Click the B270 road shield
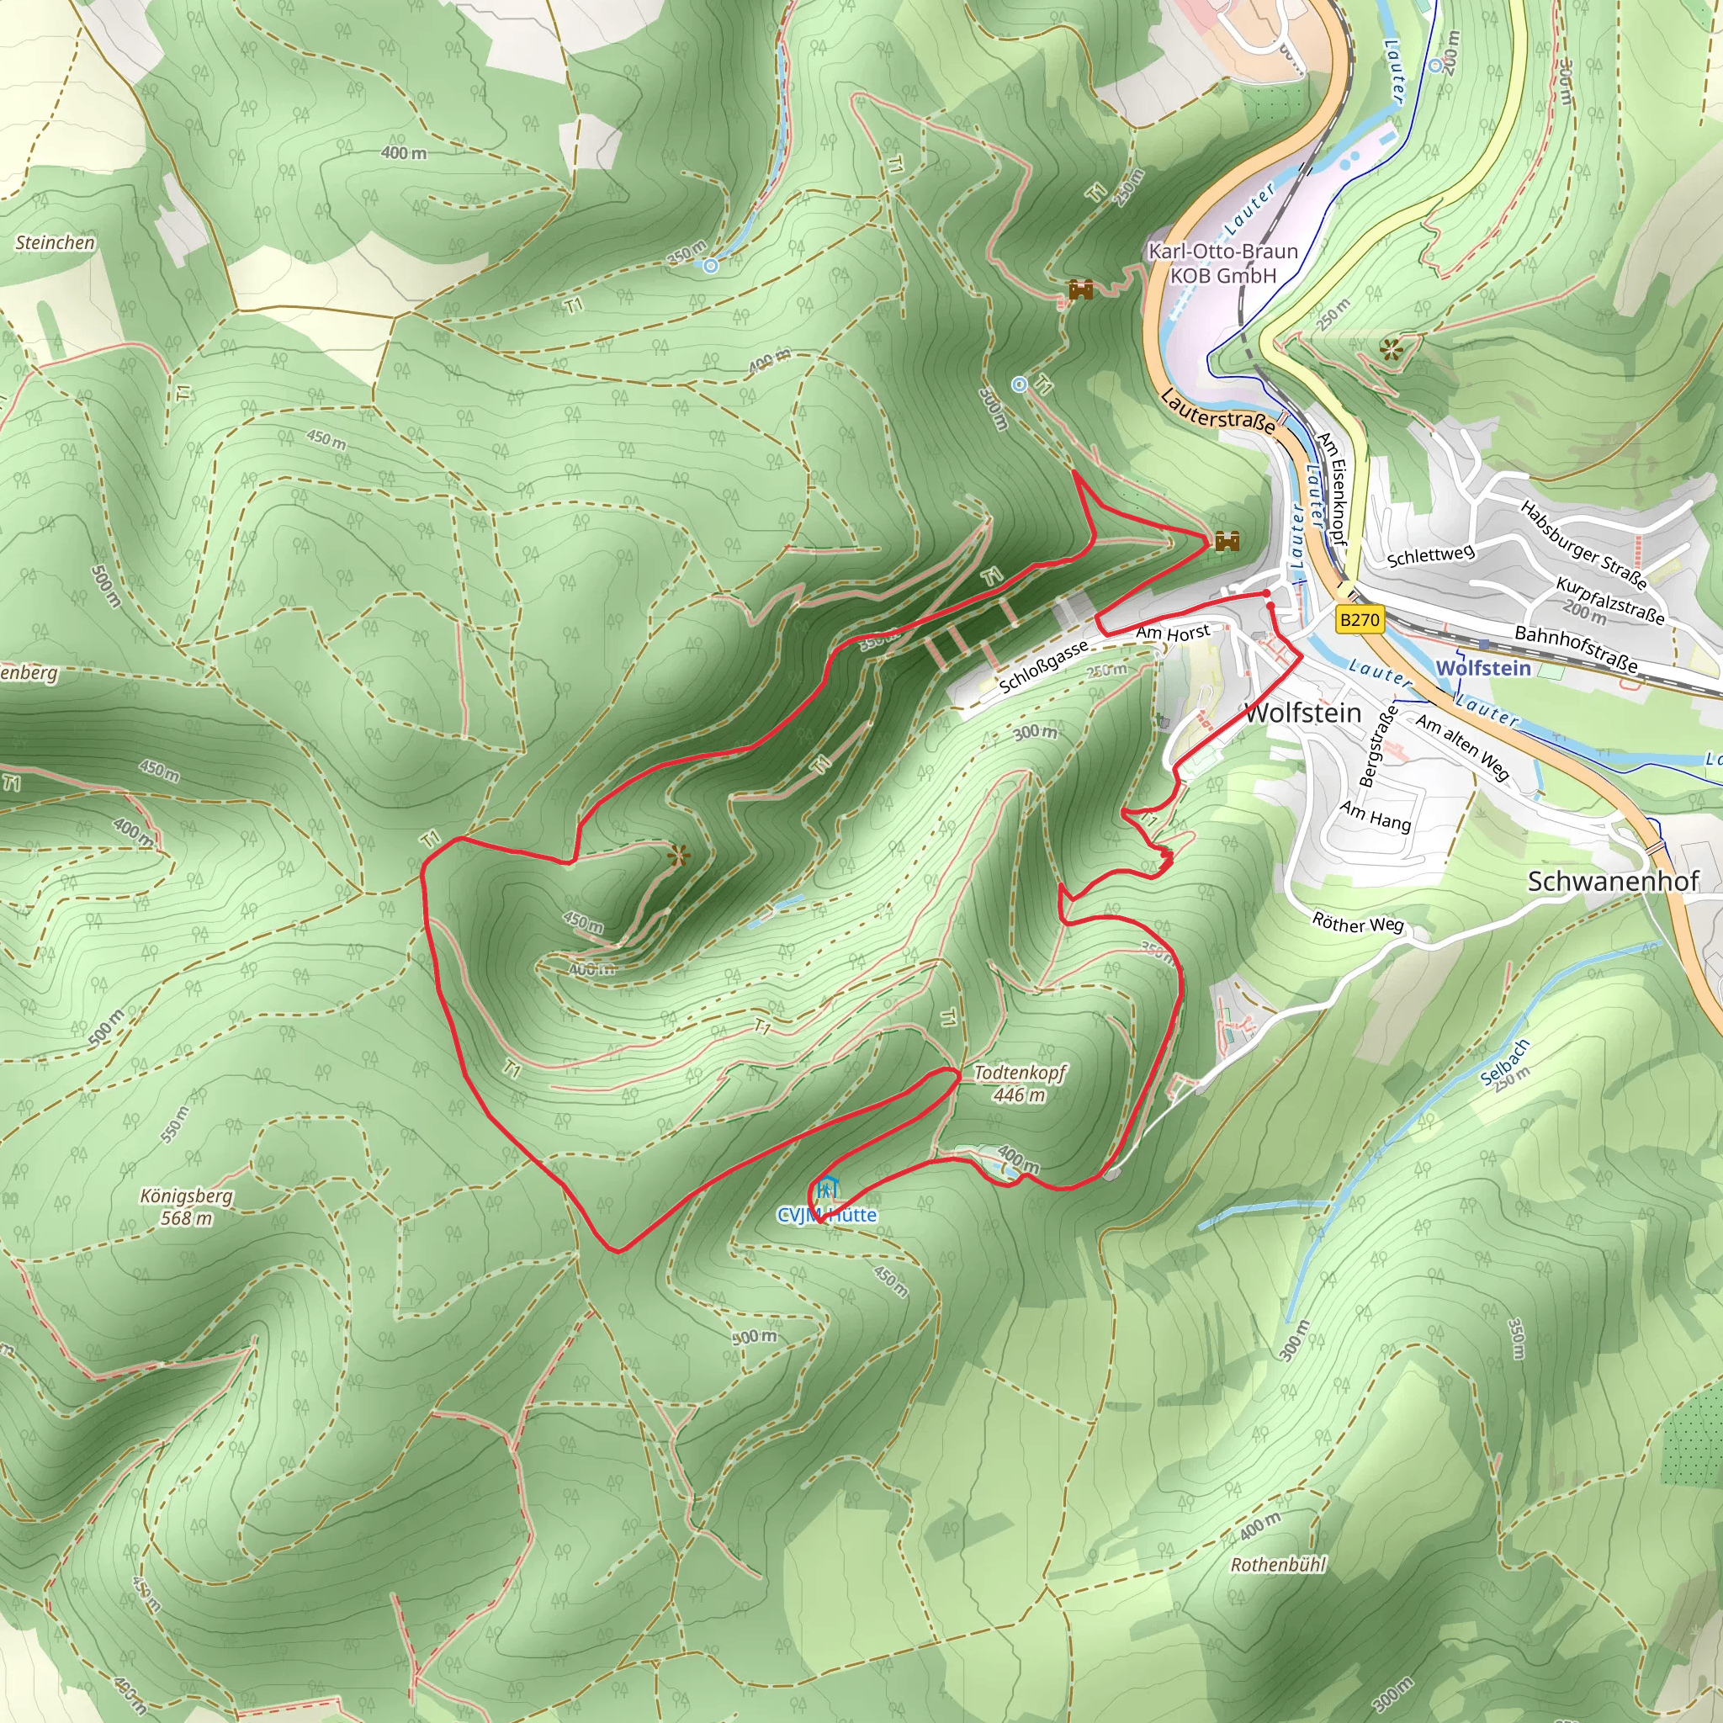tap(1360, 620)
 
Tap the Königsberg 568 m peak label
tap(187, 1206)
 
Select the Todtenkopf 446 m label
tap(1020, 1083)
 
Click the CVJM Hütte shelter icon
tap(827, 1188)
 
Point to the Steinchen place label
tap(55, 242)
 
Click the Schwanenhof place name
tap(1613, 881)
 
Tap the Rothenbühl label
tap(1278, 1564)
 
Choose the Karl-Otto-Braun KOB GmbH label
tap(1222, 263)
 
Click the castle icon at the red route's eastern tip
tap(1227, 540)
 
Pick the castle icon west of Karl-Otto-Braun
tap(1081, 290)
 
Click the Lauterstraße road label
tap(1218, 411)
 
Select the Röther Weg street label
tap(1357, 923)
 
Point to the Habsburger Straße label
tap(1583, 545)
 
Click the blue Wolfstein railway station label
tap(1483, 668)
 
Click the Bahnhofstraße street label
tap(1576, 649)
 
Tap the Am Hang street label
tap(1376, 815)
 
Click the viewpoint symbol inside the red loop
tap(679, 856)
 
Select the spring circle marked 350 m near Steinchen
tap(711, 266)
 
